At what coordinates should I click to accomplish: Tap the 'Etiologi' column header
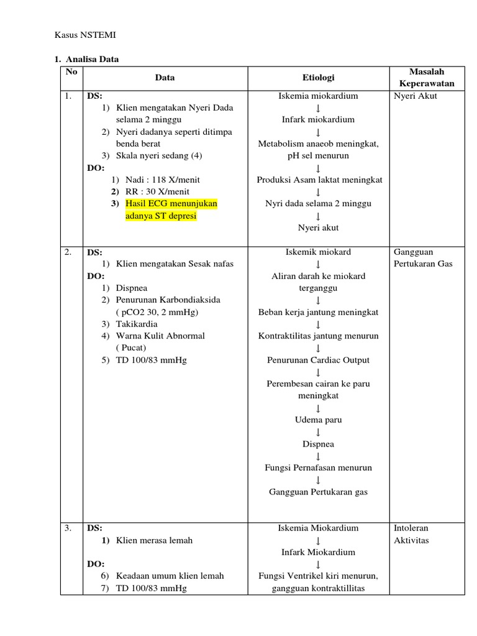pos(318,78)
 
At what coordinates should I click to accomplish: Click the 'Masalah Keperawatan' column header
pos(427,78)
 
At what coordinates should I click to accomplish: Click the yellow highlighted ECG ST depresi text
pos(166,210)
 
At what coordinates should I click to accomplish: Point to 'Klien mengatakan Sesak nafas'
pos(175,263)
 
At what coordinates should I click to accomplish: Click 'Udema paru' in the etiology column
pos(318,420)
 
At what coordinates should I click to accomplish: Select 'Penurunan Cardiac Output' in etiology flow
pos(318,360)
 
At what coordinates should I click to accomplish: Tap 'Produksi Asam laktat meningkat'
pos(319,179)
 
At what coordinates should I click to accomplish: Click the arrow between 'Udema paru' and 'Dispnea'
pos(318,432)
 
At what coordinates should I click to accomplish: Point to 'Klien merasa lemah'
pos(154,540)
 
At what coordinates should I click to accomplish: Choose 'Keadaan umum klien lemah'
pos(170,576)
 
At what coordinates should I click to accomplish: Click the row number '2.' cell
pos(68,252)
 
